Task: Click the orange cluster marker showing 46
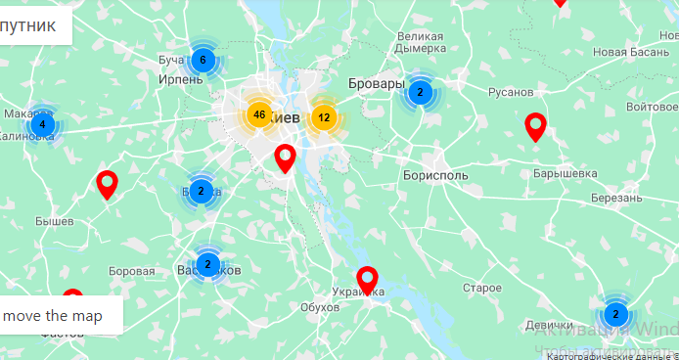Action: coord(258,115)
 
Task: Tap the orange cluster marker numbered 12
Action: coord(323,117)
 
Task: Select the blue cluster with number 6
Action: coord(203,61)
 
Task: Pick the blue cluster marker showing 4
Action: coord(42,125)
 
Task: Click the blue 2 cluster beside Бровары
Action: coord(420,93)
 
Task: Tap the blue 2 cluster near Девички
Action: coord(615,314)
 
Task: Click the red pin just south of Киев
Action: coord(285,157)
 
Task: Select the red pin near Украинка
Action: coord(367,280)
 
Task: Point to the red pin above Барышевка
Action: coord(535,126)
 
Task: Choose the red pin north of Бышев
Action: coord(108,183)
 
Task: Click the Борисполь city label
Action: coord(434,176)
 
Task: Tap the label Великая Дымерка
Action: coord(421,43)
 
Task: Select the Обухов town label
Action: coord(320,307)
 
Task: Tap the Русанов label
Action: coord(511,92)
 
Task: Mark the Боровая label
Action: coord(131,271)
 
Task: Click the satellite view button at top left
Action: coord(35,24)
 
